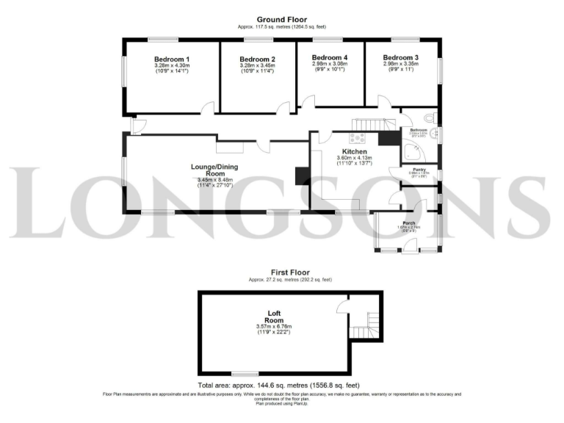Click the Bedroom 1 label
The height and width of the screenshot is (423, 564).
click(172, 59)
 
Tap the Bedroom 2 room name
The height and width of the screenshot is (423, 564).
click(257, 59)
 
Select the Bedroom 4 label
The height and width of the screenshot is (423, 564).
click(329, 57)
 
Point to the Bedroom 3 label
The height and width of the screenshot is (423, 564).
click(400, 57)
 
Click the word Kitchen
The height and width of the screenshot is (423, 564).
click(351, 151)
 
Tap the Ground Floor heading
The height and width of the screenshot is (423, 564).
click(282, 20)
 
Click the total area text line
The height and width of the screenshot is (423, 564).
click(281, 385)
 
